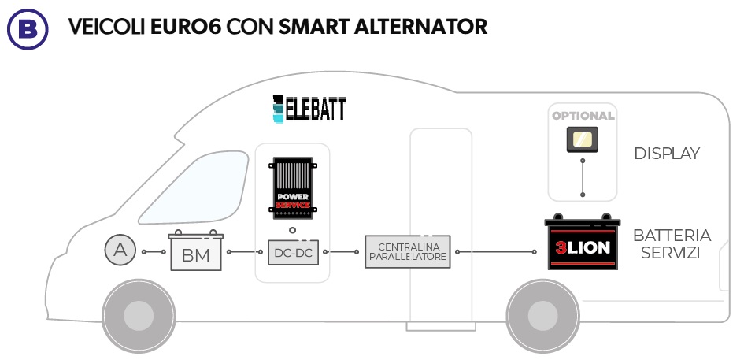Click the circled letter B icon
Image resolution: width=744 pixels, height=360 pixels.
[27, 28]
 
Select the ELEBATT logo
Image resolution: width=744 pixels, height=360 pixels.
[309, 109]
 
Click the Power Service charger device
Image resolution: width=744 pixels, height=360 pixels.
[291, 187]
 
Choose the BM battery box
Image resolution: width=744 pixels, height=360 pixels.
[196, 253]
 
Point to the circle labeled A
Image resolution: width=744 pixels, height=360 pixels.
[120, 251]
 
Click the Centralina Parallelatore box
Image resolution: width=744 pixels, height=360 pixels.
[407, 252]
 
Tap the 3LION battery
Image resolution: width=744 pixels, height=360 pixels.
[583, 245]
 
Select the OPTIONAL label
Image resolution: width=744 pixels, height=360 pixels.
[583, 116]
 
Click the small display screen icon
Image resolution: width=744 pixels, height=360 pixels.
[583, 141]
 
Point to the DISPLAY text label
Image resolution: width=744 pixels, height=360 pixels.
[667, 154]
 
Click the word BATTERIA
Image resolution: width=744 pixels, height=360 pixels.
[672, 236]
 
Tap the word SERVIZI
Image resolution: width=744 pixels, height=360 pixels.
[671, 254]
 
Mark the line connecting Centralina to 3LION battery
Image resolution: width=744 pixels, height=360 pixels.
[495, 252]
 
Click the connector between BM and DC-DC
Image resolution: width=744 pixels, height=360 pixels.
[244, 252]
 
